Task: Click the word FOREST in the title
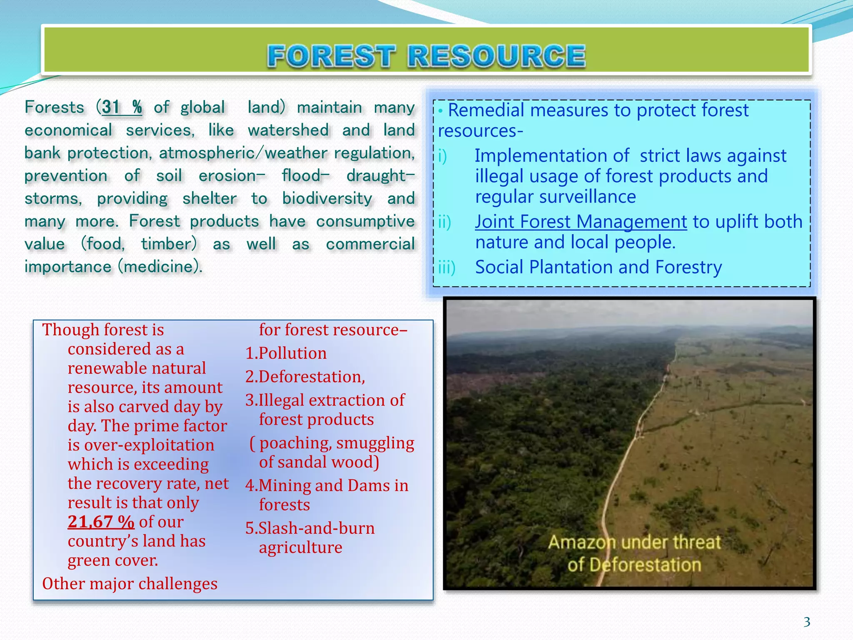(331, 56)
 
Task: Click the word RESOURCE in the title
(496, 56)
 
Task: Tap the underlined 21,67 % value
(101, 522)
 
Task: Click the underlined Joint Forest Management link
(581, 222)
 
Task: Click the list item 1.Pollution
(286, 353)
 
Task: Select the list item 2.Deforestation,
(305, 377)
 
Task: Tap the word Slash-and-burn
(317, 528)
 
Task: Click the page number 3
(807, 622)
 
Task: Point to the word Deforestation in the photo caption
(645, 565)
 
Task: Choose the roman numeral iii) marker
(446, 267)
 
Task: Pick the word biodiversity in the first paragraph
(327, 199)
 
